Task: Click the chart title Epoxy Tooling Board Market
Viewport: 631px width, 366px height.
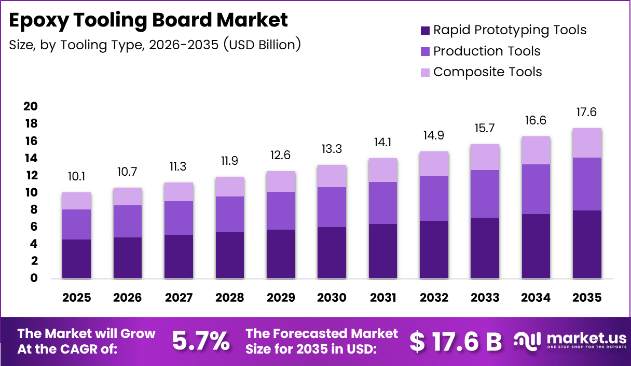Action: point(148,20)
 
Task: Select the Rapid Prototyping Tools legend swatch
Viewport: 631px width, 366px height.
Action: point(424,30)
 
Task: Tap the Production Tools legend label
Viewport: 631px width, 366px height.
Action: point(487,51)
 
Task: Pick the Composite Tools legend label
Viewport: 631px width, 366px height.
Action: point(487,72)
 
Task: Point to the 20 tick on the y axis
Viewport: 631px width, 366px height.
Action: point(31,106)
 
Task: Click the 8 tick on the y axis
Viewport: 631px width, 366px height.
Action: point(34,209)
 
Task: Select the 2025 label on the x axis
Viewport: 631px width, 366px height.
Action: point(76,298)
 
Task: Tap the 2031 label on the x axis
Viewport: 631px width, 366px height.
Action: point(383,298)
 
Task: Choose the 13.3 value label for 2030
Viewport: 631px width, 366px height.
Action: point(332,150)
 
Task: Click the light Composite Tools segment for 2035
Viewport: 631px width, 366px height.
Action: point(587,143)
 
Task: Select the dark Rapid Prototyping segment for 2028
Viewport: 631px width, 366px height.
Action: point(230,255)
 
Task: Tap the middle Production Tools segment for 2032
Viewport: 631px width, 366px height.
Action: point(434,199)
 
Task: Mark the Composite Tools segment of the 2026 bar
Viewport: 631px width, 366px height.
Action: point(128,196)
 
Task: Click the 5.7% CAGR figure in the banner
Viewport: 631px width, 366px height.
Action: point(201,341)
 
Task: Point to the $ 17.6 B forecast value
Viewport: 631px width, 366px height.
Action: point(456,341)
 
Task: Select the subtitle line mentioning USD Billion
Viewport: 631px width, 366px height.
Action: point(155,45)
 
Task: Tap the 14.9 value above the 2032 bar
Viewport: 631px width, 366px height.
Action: point(434,136)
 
